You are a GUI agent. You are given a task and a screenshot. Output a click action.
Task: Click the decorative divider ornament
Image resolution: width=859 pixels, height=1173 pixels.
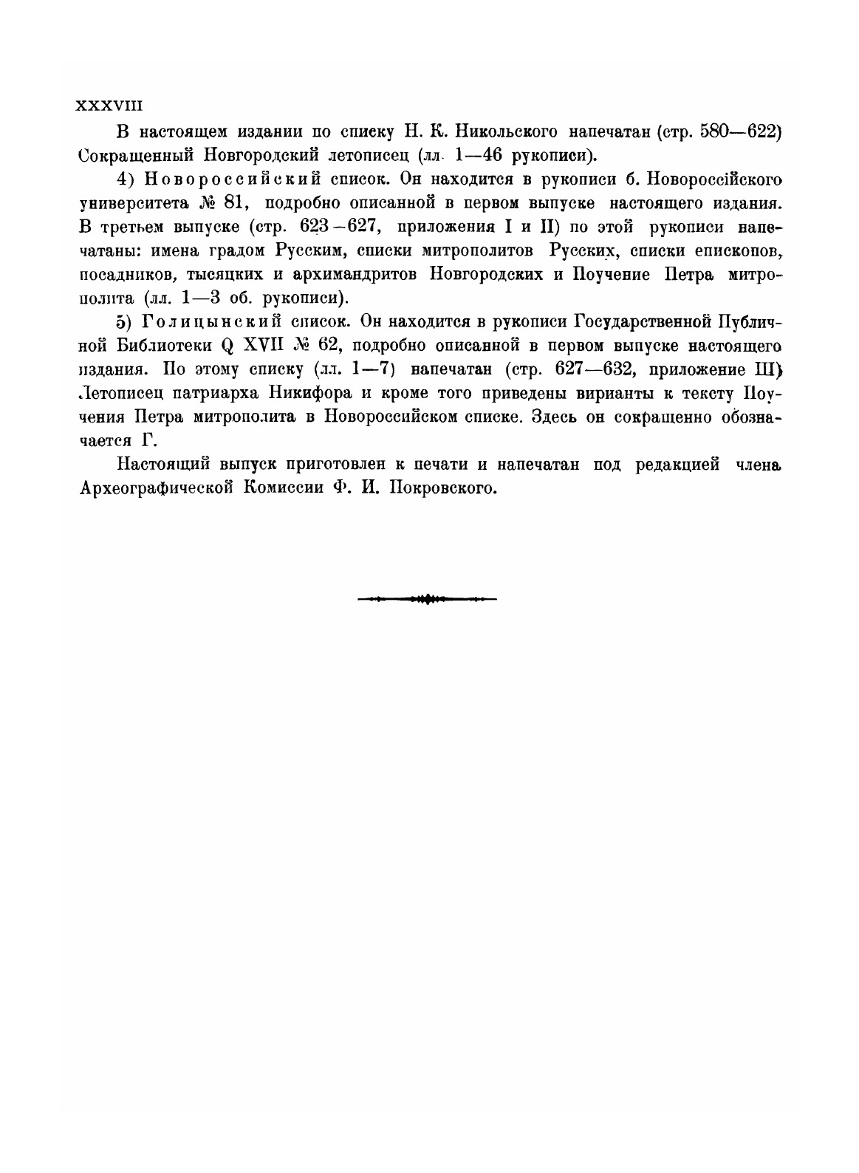click(x=427, y=598)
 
